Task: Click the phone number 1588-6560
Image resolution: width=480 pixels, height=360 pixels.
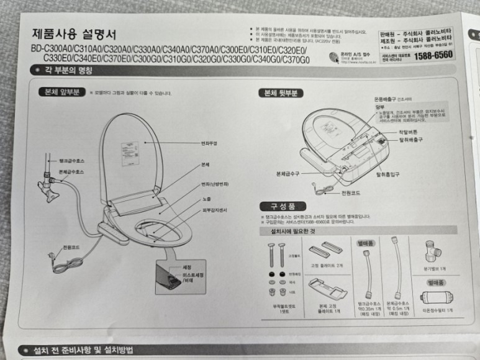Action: click(432, 55)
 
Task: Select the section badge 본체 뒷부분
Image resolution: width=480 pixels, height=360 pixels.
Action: click(281, 93)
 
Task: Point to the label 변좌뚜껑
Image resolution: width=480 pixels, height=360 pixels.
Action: click(209, 143)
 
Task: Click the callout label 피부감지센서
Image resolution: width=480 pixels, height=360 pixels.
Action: click(214, 210)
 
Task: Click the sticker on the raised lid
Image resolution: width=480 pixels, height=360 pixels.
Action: click(130, 154)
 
